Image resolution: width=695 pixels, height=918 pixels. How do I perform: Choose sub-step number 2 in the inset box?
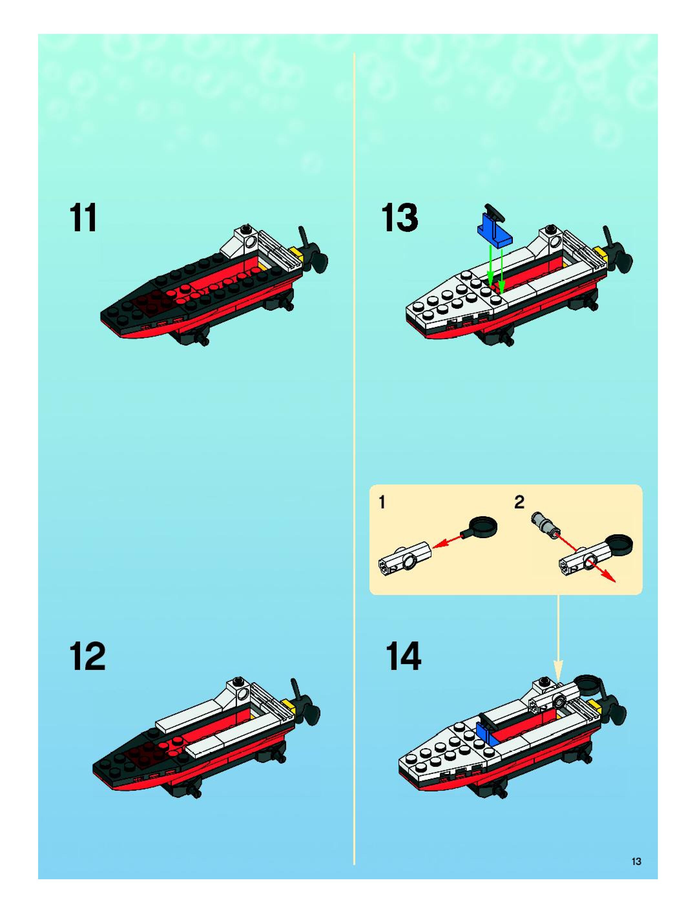tap(519, 503)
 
